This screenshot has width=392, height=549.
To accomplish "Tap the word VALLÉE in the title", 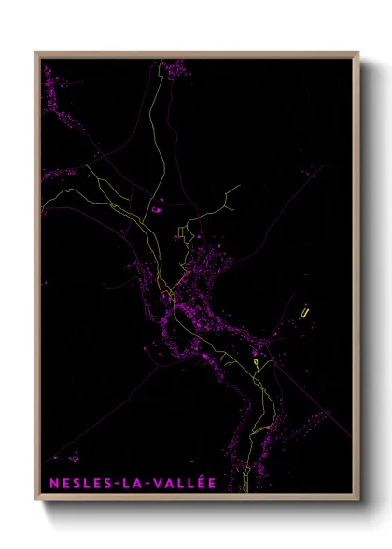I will pos(183,483).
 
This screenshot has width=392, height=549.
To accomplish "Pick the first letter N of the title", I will pos(51,483).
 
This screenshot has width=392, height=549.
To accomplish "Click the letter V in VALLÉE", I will pos(160,483).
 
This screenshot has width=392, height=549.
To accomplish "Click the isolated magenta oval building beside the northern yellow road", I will pos(156,210).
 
